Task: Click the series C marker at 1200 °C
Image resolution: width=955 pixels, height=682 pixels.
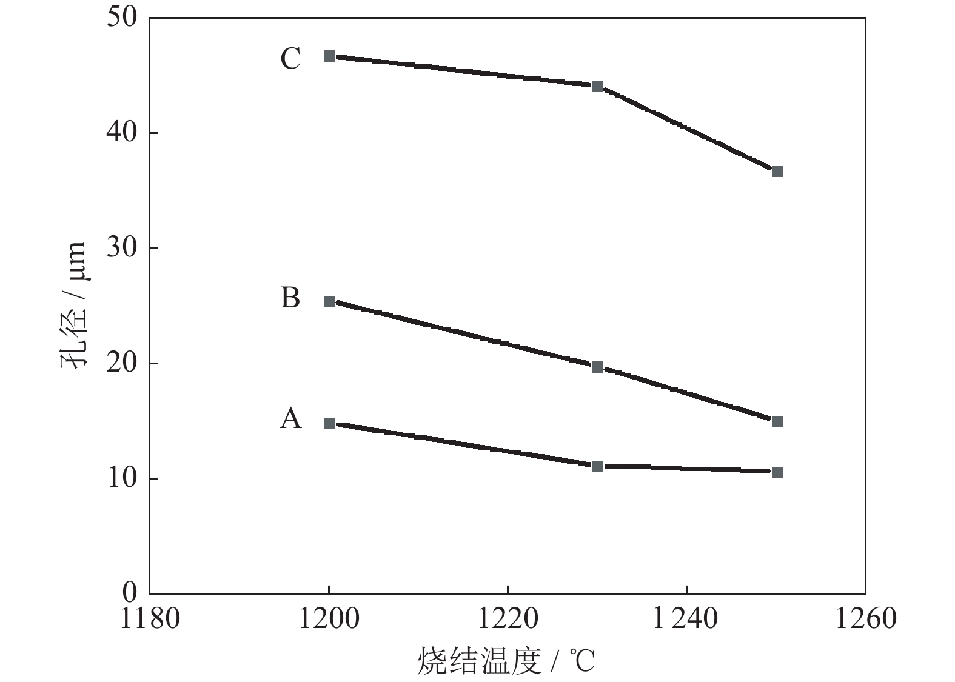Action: [x=329, y=56]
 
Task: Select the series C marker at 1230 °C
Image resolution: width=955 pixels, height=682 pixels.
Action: [x=598, y=86]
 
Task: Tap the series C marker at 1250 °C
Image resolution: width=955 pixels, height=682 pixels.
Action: [x=777, y=172]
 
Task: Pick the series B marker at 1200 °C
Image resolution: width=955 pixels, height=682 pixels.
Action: [x=329, y=301]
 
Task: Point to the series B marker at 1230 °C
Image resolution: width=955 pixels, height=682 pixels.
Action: [x=598, y=367]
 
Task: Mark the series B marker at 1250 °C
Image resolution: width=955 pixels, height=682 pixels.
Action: [x=777, y=421]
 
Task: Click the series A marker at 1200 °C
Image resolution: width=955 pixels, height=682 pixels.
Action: [x=329, y=423]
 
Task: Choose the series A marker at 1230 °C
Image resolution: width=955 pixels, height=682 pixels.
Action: [x=598, y=466]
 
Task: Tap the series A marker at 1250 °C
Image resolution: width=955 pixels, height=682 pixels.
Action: [x=777, y=472]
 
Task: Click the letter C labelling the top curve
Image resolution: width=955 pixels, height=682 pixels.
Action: [x=290, y=59]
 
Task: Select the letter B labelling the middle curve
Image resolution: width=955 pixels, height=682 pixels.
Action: [x=290, y=298]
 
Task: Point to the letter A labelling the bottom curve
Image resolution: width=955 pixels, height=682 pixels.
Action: [x=290, y=418]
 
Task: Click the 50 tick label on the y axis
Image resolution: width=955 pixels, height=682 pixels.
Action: [x=123, y=17]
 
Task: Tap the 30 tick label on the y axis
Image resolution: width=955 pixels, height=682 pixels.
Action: [x=123, y=248]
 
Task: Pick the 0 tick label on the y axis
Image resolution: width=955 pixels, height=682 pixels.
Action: [x=130, y=592]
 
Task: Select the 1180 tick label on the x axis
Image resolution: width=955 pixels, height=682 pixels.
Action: [x=150, y=619]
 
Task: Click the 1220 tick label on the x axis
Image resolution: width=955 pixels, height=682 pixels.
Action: [x=508, y=619]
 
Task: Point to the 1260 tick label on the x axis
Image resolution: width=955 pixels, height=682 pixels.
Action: [x=865, y=619]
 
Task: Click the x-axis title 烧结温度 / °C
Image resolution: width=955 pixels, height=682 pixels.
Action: [x=506, y=661]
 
